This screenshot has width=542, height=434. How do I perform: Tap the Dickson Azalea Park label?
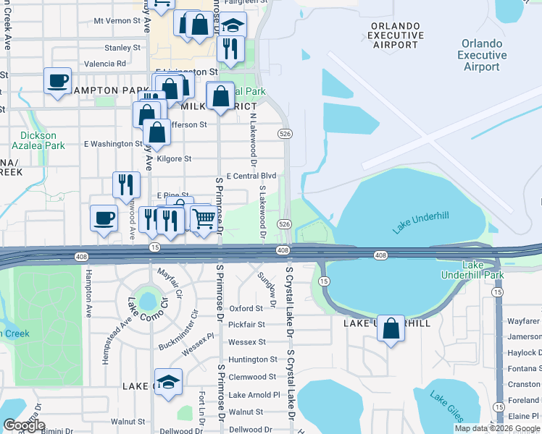pos(43,140)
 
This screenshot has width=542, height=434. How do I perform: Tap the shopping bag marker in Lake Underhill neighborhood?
pos(391,328)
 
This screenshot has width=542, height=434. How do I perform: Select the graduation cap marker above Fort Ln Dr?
pos(168,381)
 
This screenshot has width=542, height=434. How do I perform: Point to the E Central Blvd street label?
pos(251,176)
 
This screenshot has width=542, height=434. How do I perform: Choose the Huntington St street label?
pos(252,359)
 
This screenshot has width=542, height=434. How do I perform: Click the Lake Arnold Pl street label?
pos(254,395)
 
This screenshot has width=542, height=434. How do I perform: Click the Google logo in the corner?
pos(24,425)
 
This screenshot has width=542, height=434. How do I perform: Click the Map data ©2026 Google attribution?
pos(497,428)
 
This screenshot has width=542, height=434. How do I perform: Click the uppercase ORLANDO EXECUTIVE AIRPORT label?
pos(396,35)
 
